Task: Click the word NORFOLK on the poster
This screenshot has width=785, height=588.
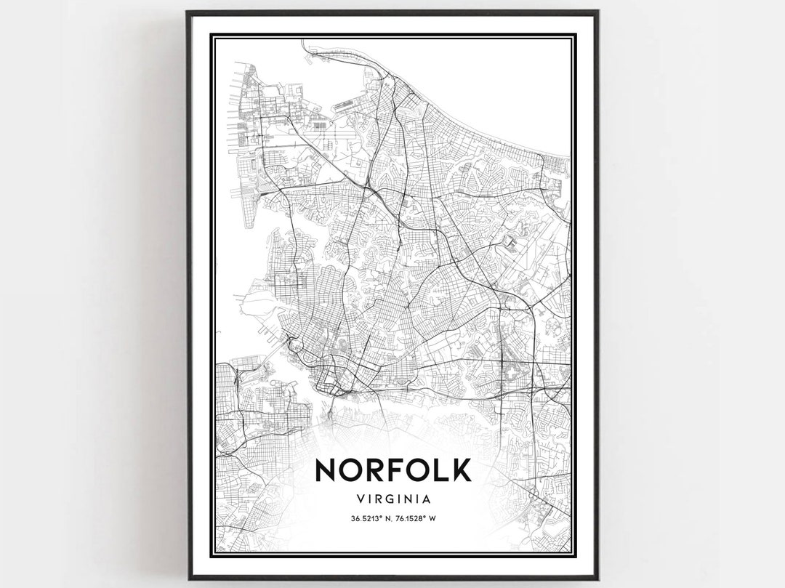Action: [x=393, y=470]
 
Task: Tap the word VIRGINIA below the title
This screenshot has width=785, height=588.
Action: [x=393, y=499]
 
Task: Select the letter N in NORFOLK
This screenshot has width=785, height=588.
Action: [x=326, y=470]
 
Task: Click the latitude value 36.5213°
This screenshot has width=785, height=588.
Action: [x=366, y=518]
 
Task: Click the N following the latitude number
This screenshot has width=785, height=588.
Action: [x=387, y=518]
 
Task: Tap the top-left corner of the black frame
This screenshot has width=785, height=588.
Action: [x=188, y=12]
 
